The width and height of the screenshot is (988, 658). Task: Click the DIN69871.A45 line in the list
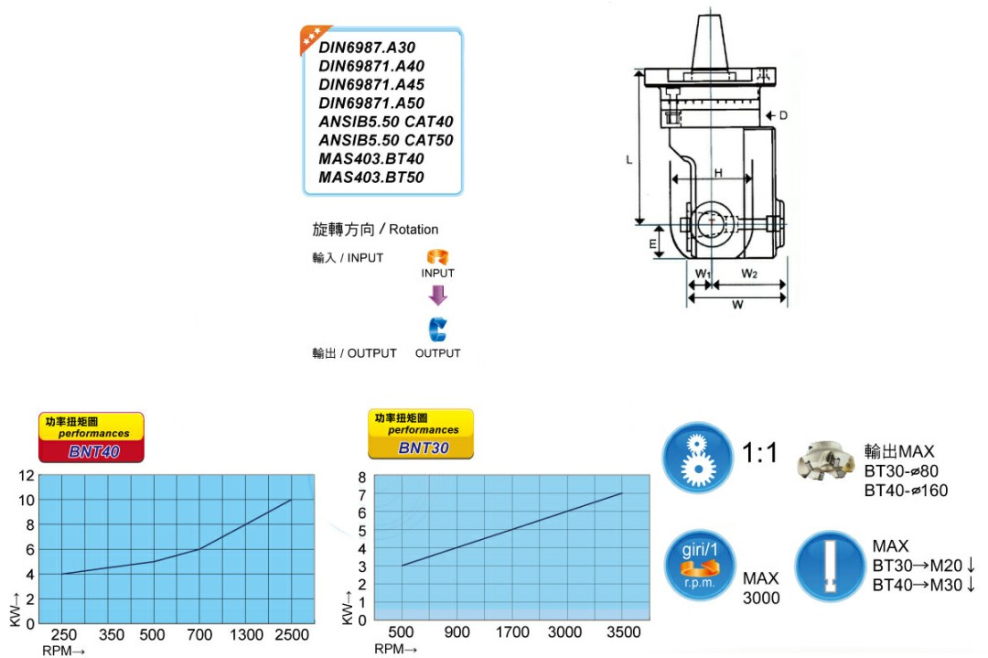coord(371,84)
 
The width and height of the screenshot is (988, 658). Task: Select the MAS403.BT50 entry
coord(371,178)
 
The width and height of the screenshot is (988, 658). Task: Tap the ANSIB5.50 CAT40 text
coord(385,122)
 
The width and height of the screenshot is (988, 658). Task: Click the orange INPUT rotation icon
coord(437,258)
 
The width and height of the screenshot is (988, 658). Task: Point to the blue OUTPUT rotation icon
coord(437,329)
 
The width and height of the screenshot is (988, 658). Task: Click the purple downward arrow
coord(438,295)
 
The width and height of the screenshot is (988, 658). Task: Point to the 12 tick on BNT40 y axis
coord(26,475)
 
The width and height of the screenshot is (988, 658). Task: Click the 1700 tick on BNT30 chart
coord(512,631)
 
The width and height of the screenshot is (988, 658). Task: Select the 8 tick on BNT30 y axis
coord(361,478)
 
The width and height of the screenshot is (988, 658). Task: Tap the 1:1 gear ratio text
coord(760,452)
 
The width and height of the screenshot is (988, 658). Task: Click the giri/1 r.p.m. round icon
coord(697,566)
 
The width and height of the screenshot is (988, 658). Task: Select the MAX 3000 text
coord(760,588)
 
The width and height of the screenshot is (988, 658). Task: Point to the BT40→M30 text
coord(923,585)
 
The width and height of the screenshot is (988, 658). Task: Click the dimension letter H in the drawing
coord(718,173)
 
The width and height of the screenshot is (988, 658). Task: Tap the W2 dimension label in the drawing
coord(748,273)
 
